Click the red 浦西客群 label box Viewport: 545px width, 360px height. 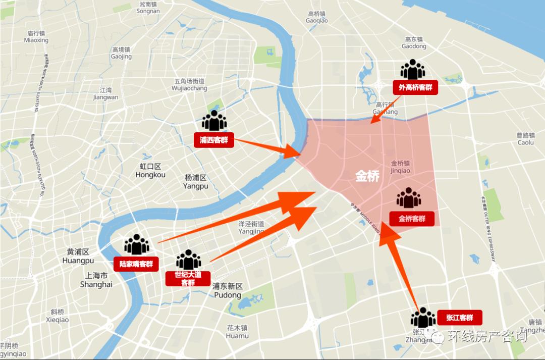tap(214, 140)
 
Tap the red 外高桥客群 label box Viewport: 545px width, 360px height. tap(415, 87)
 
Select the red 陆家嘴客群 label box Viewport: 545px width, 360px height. tap(136, 264)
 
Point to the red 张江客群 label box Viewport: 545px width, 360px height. tap(459, 318)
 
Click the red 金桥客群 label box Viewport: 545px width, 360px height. tap(412, 219)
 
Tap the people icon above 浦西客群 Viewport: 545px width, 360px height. tap(214, 121)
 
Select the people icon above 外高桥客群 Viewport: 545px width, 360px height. tap(412, 70)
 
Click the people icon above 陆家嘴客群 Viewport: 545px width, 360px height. tap(137, 245)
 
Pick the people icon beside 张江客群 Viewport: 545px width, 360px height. tap(423, 318)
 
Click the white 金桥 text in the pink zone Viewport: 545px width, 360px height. tap(367, 176)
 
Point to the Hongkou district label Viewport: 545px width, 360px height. tap(150, 171)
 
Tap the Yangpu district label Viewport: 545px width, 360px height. tap(196, 182)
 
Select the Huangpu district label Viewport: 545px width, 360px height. tap(78, 256)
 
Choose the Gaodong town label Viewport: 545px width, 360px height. tap(414, 42)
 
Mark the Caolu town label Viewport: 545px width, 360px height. tap(525, 139)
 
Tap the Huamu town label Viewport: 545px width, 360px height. tap(237, 332)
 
